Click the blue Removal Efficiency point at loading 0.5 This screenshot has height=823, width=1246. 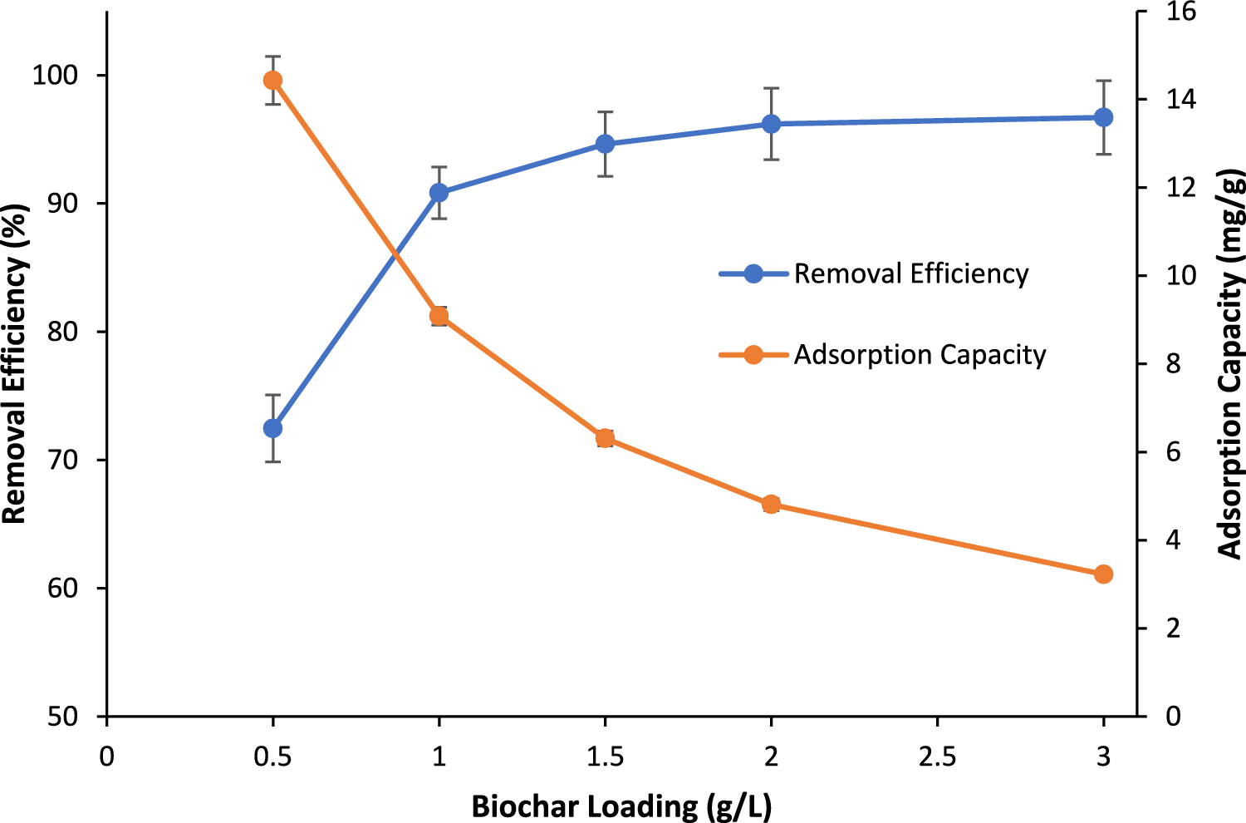coord(272,428)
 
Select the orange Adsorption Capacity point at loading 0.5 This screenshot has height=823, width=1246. coord(272,81)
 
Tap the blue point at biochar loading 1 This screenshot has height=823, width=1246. coord(439,193)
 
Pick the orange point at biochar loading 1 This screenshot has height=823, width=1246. coord(439,316)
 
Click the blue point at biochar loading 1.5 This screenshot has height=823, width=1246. coord(605,144)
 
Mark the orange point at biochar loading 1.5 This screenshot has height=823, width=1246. coord(605,438)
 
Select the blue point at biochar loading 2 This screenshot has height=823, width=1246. coord(771,124)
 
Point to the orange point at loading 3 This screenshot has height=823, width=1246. coord(1103,574)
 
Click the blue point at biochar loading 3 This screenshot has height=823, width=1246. coord(1103,117)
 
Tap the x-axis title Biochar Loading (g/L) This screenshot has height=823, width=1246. coord(621,806)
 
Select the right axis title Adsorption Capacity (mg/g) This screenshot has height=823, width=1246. coord(1230,362)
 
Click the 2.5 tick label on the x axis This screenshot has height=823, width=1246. coord(937,756)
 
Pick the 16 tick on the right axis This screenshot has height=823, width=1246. coord(1180,12)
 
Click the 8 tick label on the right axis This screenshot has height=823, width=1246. coord(1172,364)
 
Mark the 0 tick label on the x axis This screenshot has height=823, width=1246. coord(106,756)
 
